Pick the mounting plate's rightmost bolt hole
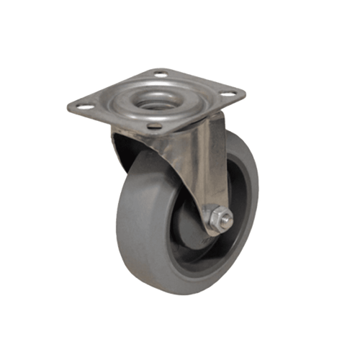230,93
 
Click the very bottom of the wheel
184,294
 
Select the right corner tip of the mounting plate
246,94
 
